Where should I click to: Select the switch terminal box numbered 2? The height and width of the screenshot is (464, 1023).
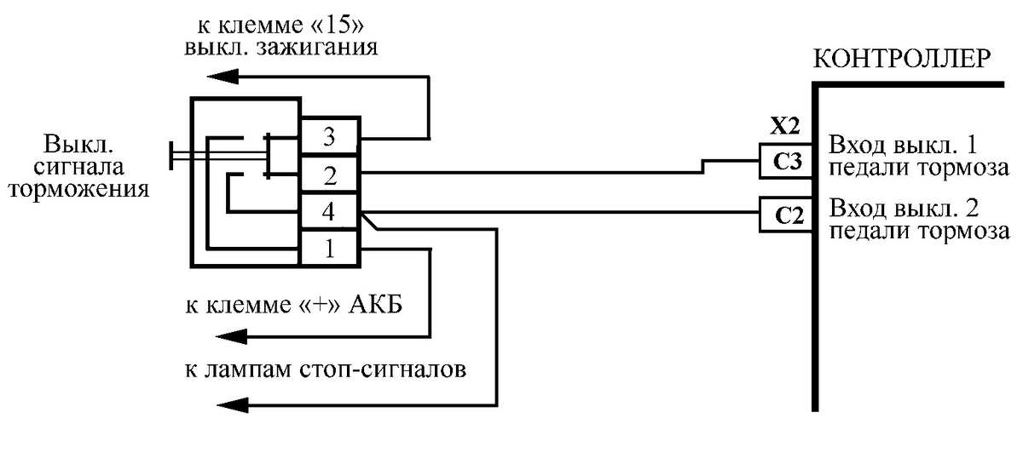[329, 175]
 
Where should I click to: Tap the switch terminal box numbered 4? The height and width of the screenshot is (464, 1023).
[329, 212]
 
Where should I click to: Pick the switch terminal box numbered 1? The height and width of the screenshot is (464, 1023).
[329, 249]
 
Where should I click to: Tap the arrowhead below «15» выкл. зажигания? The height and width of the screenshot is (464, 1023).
[223, 77]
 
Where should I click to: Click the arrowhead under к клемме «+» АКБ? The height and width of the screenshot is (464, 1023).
[223, 337]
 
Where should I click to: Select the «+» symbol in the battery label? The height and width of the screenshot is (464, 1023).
[316, 306]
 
